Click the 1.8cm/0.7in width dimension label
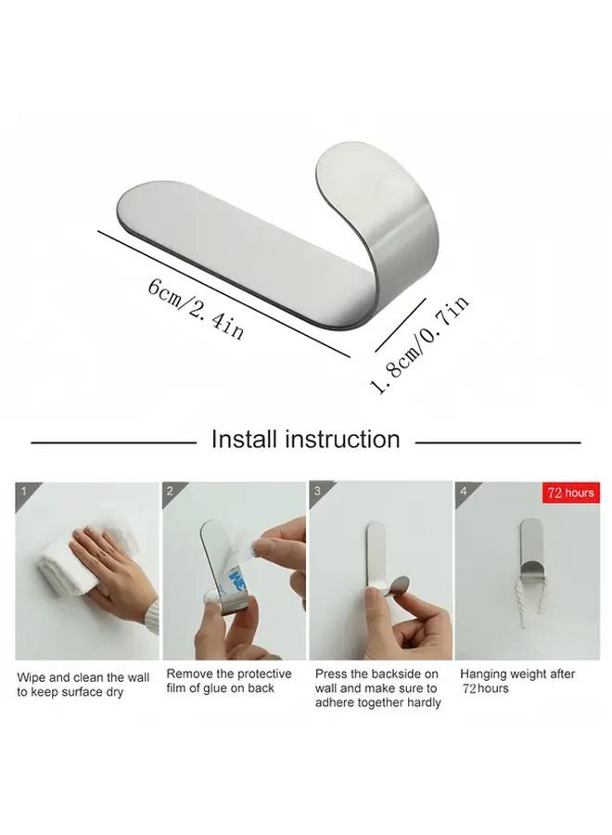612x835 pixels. pyautogui.click(x=420, y=342)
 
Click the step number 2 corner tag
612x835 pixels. pyautogui.click(x=171, y=492)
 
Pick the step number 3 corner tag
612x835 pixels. pyautogui.click(x=317, y=492)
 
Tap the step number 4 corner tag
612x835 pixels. pyautogui.click(x=463, y=492)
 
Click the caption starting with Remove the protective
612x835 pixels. pyautogui.click(x=229, y=681)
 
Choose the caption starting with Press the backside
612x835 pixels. pyautogui.click(x=377, y=688)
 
